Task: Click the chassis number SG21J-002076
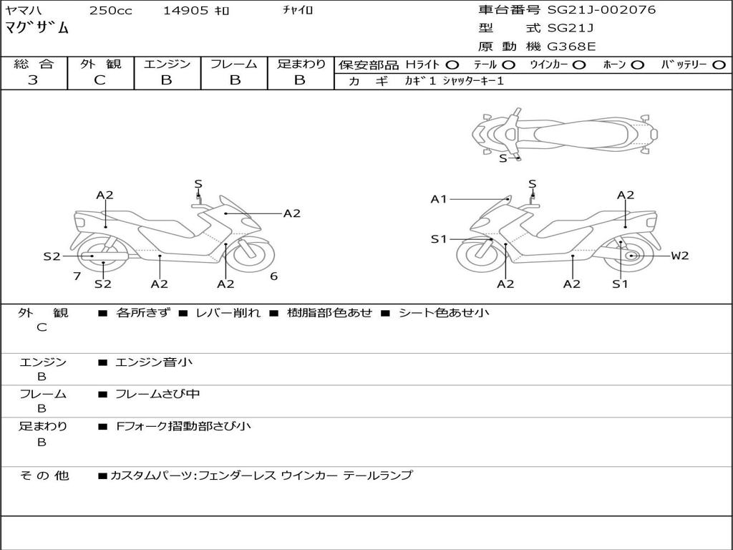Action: (x=601, y=10)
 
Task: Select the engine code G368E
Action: (x=571, y=47)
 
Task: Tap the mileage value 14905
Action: (x=185, y=11)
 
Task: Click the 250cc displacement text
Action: (x=110, y=11)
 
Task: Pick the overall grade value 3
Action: (x=33, y=80)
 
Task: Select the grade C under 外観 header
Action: (x=99, y=80)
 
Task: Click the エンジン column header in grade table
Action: (x=167, y=64)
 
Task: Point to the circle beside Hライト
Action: (x=452, y=65)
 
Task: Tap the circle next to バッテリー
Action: (x=719, y=65)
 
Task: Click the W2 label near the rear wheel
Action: (x=679, y=256)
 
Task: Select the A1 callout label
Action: (x=439, y=199)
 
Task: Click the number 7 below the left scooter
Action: (x=77, y=276)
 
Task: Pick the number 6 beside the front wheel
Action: (x=273, y=276)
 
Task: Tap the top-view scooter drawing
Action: (x=564, y=132)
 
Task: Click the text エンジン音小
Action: (x=154, y=362)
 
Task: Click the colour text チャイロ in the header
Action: (x=298, y=11)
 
